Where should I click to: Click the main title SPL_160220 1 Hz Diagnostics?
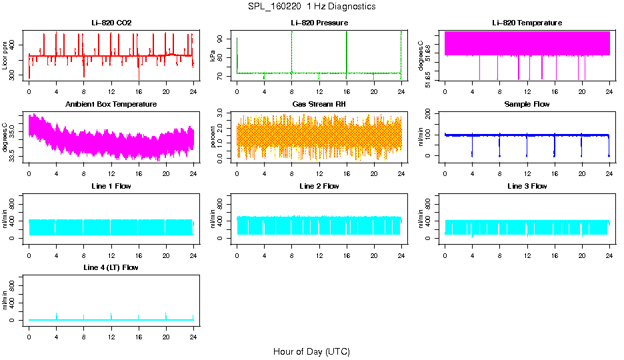point(311,7)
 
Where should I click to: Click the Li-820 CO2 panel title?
point(111,23)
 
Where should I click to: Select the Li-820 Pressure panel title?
point(319,23)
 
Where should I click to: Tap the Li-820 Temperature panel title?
point(527,23)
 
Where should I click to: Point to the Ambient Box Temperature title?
point(111,105)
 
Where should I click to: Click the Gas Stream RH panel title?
point(319,105)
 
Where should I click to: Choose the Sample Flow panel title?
point(527,105)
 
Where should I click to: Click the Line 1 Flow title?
point(111,186)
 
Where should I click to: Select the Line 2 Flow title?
point(319,186)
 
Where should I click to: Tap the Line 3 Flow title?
point(527,186)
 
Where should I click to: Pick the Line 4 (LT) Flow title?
point(111,267)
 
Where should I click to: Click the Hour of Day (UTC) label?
point(311,351)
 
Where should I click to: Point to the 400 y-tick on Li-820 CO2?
point(15,45)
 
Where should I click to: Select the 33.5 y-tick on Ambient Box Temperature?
point(15,157)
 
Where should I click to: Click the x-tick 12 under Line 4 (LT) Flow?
point(111,329)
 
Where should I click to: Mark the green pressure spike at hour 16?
point(347,50)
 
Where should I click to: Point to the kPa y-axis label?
point(213,57)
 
